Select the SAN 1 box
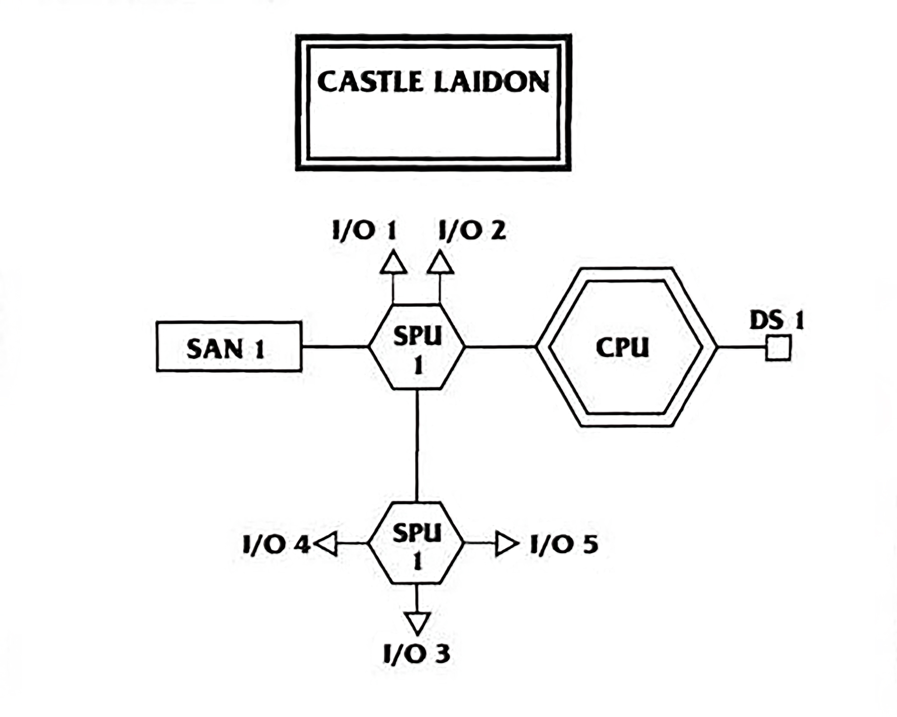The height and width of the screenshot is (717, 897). click(228, 347)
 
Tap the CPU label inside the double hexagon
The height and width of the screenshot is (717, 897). click(623, 348)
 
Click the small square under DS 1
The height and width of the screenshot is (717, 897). click(778, 348)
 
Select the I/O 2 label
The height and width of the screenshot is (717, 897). click(472, 231)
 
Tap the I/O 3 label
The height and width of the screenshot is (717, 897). click(417, 654)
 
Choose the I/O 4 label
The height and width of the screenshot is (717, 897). click(276, 545)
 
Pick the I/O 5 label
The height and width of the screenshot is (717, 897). click(564, 544)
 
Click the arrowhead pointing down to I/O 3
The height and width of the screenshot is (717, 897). click(417, 622)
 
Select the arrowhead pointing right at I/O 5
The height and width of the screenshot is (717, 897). click(505, 544)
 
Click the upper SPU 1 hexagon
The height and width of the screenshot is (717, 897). click(417, 347)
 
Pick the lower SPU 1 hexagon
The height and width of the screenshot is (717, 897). click(416, 543)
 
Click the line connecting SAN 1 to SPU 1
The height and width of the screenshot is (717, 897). click(335, 347)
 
